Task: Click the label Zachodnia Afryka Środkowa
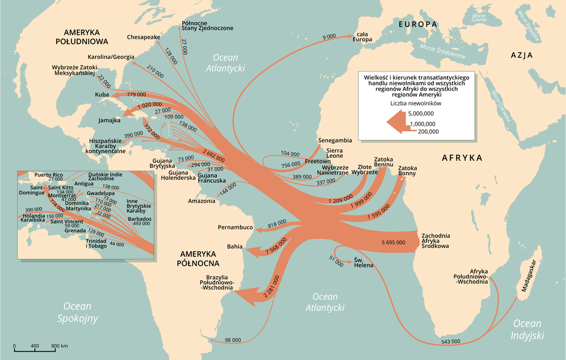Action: pyautogui.click(x=436, y=241)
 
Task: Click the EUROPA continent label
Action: pyautogui.click(x=417, y=25)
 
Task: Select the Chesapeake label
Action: pyautogui.click(x=143, y=37)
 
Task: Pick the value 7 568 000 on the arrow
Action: pyautogui.click(x=276, y=246)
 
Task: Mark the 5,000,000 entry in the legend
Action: pyautogui.click(x=421, y=113)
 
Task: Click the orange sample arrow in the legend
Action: pyautogui.click(x=397, y=121)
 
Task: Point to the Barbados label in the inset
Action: pyautogui.click(x=139, y=219)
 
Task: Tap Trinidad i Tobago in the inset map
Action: pyautogui.click(x=96, y=243)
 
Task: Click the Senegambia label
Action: pyautogui.click(x=335, y=141)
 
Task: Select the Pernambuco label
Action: pyautogui.click(x=235, y=227)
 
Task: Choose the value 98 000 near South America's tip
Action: pyautogui.click(x=233, y=340)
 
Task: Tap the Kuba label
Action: pyautogui.click(x=101, y=95)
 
